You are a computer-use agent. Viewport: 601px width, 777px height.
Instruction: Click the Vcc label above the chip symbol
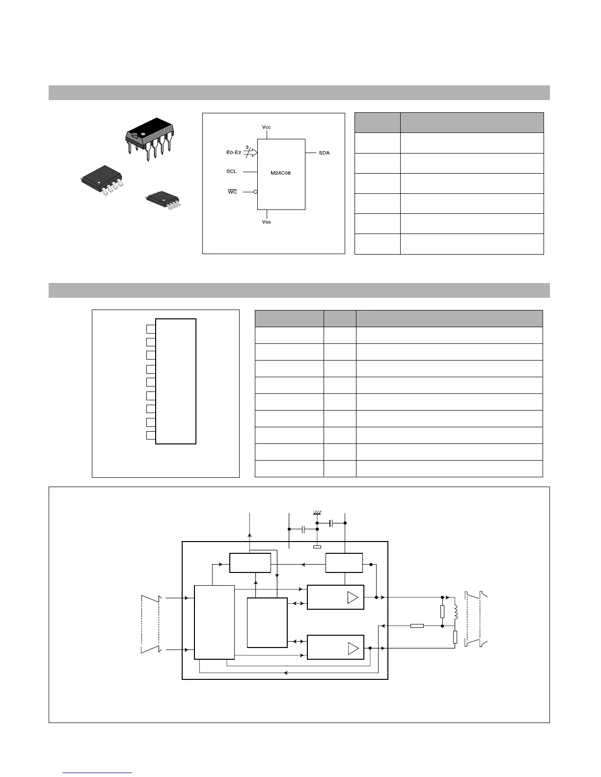pyautogui.click(x=266, y=127)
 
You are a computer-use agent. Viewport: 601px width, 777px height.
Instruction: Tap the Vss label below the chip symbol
pyautogui.click(x=266, y=222)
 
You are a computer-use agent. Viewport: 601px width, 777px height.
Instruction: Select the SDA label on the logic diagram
pyautogui.click(x=324, y=153)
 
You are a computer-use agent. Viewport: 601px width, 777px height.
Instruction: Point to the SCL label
pyautogui.click(x=231, y=172)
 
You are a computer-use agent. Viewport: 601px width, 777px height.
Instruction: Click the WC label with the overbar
pyautogui.click(x=232, y=192)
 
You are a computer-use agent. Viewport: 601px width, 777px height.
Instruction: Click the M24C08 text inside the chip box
pyautogui.click(x=281, y=173)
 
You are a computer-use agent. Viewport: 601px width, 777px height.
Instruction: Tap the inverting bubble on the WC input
pyautogui.click(x=255, y=192)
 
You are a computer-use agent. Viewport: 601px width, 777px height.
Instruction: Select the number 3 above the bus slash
pyautogui.click(x=246, y=147)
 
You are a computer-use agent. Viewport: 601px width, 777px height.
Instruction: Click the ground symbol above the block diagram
pyautogui.click(x=317, y=513)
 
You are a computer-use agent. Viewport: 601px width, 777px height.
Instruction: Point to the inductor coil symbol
pyautogui.click(x=455, y=612)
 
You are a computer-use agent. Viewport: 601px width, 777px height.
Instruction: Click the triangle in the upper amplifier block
pyautogui.click(x=353, y=597)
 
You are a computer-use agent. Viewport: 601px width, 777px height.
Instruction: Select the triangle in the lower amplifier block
pyautogui.click(x=353, y=648)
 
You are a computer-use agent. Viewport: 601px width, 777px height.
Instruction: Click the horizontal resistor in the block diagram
pyautogui.click(x=417, y=626)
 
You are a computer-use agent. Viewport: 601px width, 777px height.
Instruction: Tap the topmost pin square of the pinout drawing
pyautogui.click(x=151, y=328)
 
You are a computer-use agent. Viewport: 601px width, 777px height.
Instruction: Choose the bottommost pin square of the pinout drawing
pyautogui.click(x=151, y=435)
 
